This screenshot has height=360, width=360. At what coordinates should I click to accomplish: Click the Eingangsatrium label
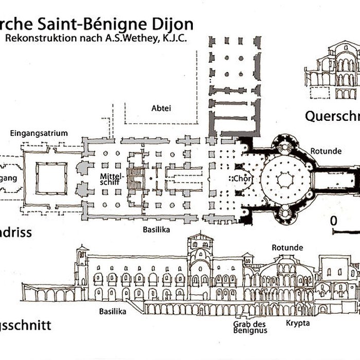(39, 133)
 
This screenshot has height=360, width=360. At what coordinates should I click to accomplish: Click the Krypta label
(298, 323)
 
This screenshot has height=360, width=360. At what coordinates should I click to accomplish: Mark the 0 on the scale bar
(334, 221)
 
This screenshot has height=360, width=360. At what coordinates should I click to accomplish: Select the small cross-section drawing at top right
(331, 71)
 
